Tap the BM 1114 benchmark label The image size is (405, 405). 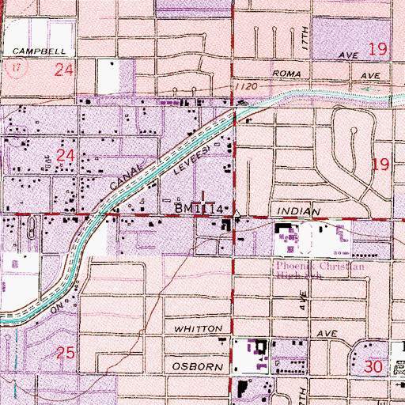coord(202,208)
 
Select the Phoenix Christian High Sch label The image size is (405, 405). coord(320,272)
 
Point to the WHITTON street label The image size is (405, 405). coord(191,327)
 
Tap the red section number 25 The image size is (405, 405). coord(66,354)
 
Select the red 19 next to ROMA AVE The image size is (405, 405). coord(377,50)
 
